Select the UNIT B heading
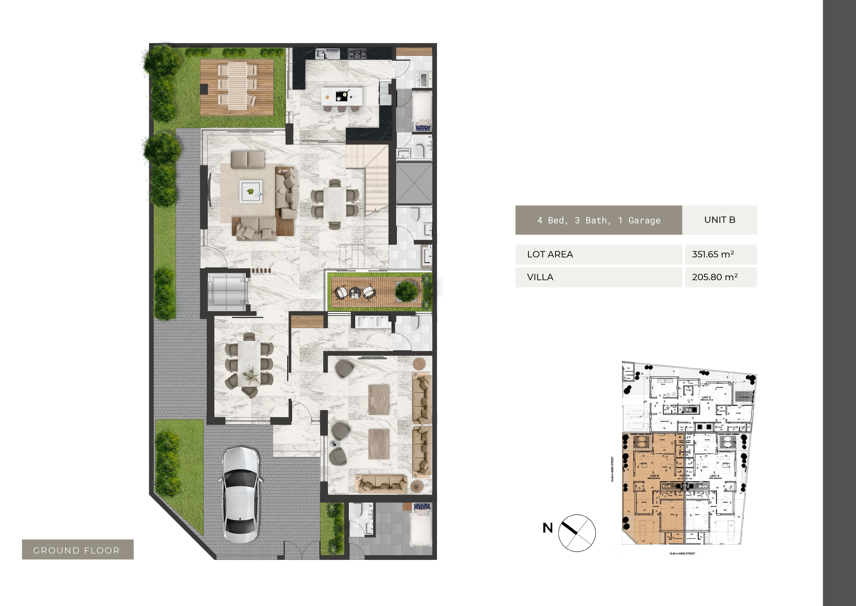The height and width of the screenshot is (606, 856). [720, 220]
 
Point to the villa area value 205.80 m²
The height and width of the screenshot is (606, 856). [714, 277]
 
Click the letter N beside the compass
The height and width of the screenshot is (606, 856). [547, 528]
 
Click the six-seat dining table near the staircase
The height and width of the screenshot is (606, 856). [335, 204]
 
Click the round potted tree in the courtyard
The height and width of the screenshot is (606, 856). [406, 291]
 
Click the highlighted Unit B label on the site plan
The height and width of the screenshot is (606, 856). [654, 476]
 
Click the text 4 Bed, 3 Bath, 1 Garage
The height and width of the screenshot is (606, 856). [599, 220]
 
